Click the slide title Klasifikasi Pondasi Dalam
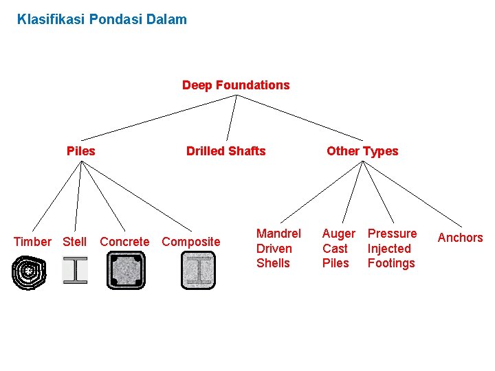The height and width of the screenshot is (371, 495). tap(102, 19)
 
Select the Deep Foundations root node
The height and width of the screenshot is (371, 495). tap(236, 85)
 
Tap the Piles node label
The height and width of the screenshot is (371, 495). tap(80, 151)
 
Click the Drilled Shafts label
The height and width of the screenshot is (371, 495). tap(225, 151)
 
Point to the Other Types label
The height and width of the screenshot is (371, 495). tap(362, 151)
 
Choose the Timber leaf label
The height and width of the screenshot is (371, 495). tap(32, 242)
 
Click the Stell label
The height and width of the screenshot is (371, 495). tap(75, 242)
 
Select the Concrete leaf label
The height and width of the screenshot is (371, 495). tap(124, 242)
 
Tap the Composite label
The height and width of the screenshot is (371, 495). tap(191, 242)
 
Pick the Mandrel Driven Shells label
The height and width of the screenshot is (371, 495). tap(278, 249)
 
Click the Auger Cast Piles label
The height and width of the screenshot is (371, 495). tap(338, 249)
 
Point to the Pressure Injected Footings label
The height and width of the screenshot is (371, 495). tap(392, 249)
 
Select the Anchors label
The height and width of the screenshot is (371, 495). tap(461, 238)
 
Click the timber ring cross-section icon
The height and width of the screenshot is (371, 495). tap(29, 272)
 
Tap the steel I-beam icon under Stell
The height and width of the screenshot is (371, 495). tap(75, 270)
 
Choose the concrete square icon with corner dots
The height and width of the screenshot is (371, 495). tap(126, 270)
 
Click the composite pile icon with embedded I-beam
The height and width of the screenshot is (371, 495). tap(198, 270)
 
